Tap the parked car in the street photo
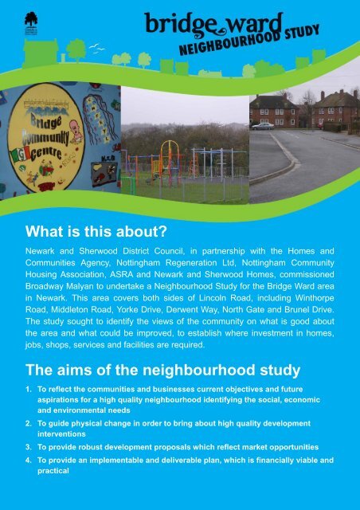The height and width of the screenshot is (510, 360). point(262,125)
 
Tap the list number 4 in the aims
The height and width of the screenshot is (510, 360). point(27,460)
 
